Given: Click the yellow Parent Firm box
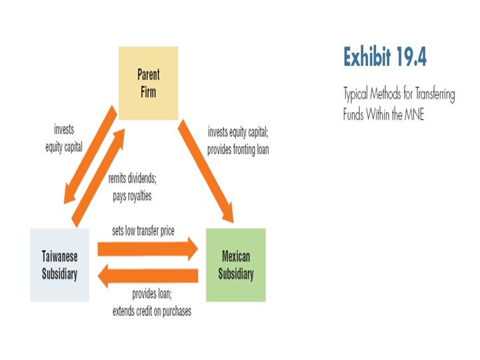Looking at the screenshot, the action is (x=148, y=82).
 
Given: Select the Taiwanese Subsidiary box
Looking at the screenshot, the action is (x=59, y=265).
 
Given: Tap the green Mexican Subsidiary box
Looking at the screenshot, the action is (x=235, y=265).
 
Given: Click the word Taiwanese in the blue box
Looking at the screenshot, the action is (x=59, y=257).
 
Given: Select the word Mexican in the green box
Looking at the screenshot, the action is (x=235, y=257).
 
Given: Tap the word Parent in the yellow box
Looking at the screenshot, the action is (x=148, y=74).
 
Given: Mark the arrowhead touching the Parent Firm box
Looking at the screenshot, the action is (x=120, y=133).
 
